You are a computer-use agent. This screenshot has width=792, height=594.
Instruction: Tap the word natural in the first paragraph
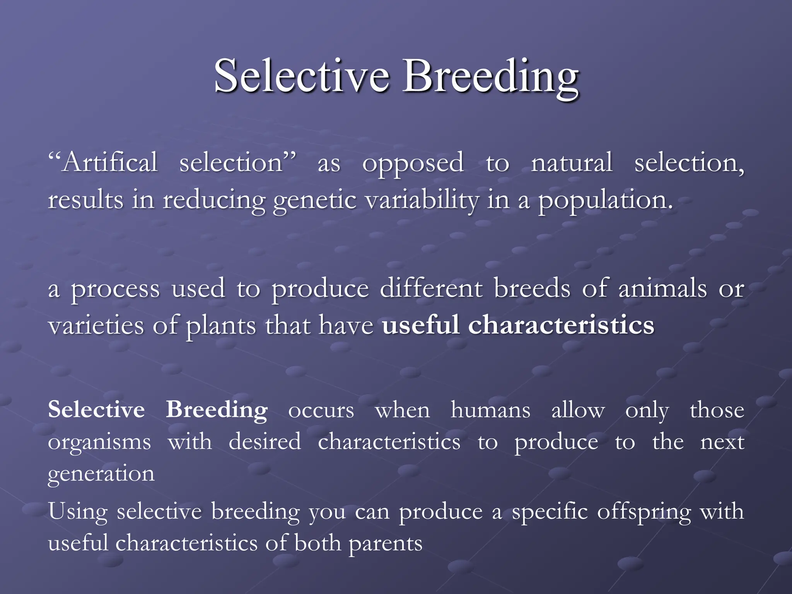tap(572, 162)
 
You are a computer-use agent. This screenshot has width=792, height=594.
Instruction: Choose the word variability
tap(422, 200)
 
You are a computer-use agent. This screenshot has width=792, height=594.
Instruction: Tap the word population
tap(606, 200)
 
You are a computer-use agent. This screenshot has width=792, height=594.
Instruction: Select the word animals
tap(662, 288)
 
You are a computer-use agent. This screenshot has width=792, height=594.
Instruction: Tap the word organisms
tap(99, 442)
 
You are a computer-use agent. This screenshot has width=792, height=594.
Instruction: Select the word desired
tap(265, 442)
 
